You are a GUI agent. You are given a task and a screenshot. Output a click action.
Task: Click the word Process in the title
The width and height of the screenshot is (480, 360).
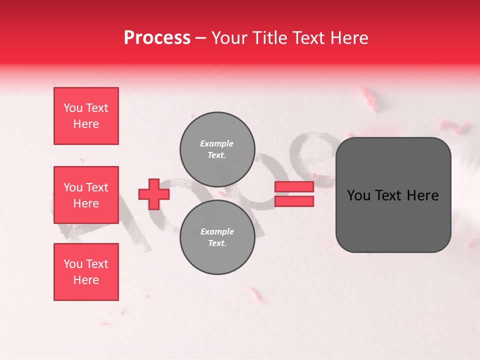point(157,38)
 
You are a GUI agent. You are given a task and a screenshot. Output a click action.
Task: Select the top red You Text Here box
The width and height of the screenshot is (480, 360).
point(86,116)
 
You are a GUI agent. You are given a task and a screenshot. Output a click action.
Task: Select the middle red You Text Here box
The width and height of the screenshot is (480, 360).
point(86,194)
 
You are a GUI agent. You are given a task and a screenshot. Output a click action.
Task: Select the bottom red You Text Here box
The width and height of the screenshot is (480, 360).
point(86,271)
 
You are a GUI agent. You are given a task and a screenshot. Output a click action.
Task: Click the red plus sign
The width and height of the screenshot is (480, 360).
point(153,194)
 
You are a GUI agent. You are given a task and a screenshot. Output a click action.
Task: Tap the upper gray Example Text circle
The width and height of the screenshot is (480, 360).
point(217,149)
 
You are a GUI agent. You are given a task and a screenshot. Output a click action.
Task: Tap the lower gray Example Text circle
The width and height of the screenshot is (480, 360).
point(217,237)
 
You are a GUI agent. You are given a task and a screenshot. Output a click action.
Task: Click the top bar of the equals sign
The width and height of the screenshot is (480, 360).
point(294,186)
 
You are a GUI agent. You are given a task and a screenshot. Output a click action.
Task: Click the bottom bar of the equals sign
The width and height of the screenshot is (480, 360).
point(294,201)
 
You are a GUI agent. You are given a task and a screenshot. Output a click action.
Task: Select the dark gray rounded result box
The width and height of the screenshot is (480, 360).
point(393,194)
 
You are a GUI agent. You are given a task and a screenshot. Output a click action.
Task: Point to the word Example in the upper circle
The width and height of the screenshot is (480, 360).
point(216,143)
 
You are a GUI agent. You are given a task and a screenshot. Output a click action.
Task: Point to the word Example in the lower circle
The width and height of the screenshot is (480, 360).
point(217,231)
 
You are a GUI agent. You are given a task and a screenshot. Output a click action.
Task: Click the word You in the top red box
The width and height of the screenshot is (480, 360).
point(72,108)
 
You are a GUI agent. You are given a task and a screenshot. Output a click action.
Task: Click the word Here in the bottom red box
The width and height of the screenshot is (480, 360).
point(86,280)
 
